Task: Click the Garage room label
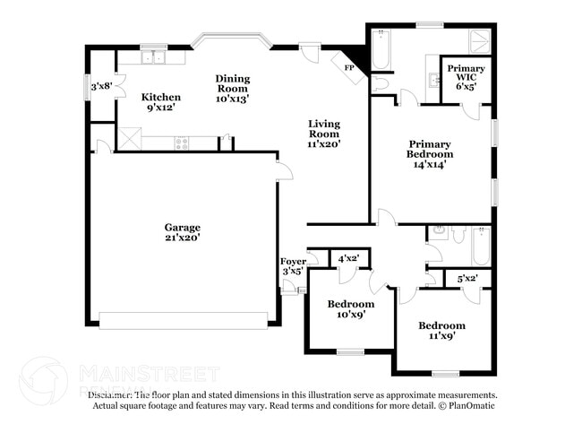[x=182, y=232]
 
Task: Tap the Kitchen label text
[x=161, y=102]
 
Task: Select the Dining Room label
[x=233, y=88]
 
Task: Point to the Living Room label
[x=324, y=133]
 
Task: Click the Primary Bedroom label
[x=431, y=153]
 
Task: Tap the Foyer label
[x=293, y=265]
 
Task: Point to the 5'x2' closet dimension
[x=467, y=279]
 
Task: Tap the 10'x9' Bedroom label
[x=350, y=309]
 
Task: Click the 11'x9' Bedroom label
[x=442, y=331]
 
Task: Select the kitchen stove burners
[x=183, y=142]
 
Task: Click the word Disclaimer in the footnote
[x=110, y=394]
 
